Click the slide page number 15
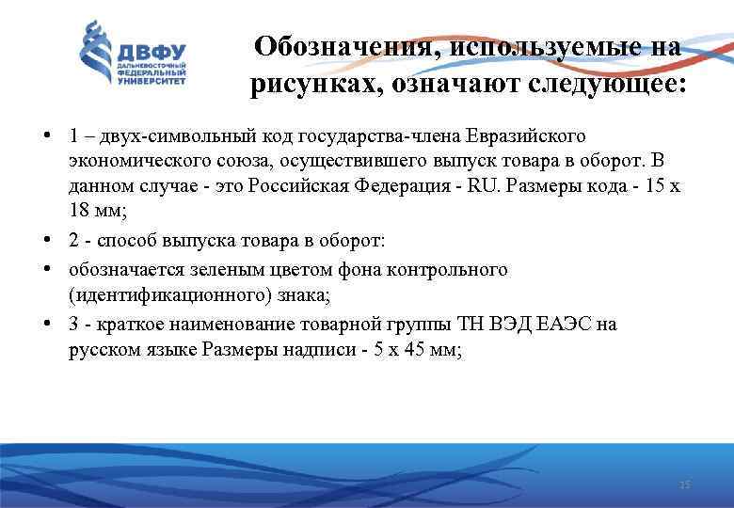click(684, 484)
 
